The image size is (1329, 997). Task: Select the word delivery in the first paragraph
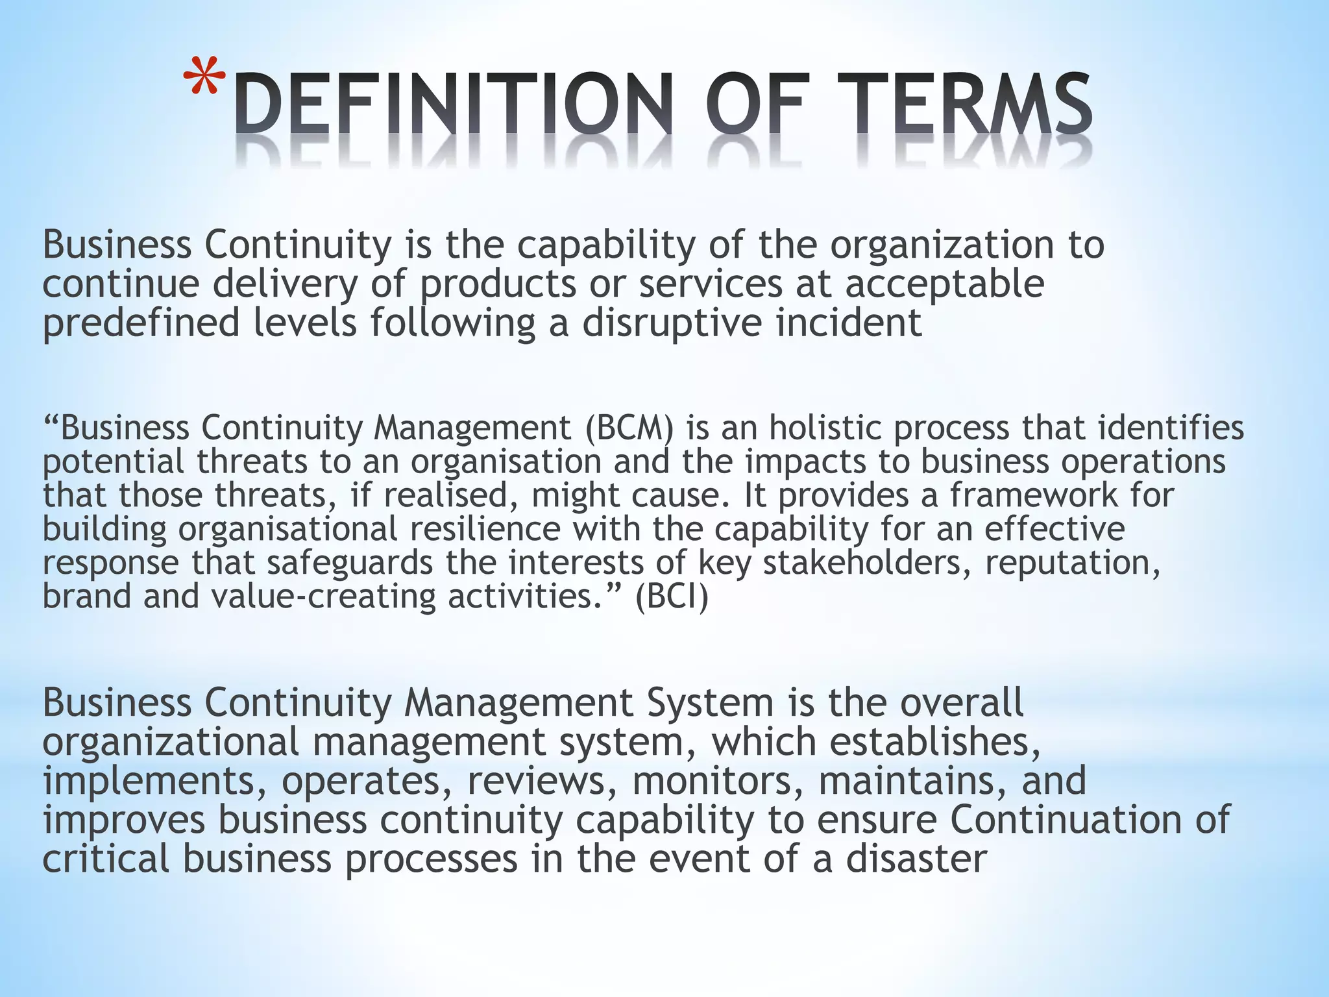(x=285, y=284)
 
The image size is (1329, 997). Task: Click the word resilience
(x=485, y=529)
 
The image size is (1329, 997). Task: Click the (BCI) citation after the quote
(x=672, y=597)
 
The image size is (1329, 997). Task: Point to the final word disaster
(x=916, y=859)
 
